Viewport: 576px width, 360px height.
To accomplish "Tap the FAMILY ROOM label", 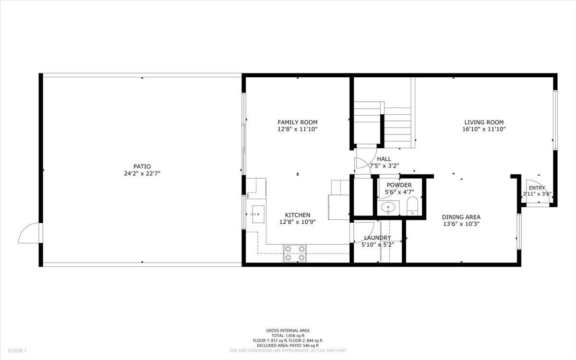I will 298,122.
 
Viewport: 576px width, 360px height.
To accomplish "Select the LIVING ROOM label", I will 484,122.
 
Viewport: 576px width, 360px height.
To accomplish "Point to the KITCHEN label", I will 298,215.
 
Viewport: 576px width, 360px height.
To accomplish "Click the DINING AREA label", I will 461,217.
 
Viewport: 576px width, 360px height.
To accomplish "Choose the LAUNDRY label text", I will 377,238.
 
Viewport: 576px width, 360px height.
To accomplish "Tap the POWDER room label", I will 399,185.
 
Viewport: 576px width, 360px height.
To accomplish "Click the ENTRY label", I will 537,188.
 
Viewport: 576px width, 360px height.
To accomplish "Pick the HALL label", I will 384,159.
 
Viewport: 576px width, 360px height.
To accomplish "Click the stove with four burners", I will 295,253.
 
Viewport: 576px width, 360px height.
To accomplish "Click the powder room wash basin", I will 388,208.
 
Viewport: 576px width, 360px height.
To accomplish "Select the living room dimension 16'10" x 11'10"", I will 484,129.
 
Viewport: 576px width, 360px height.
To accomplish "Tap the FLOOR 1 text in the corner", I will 13,351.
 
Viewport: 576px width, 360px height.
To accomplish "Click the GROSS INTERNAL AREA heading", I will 288,330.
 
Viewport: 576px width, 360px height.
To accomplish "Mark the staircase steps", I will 398,125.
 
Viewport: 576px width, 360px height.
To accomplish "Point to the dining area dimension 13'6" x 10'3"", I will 461,224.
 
